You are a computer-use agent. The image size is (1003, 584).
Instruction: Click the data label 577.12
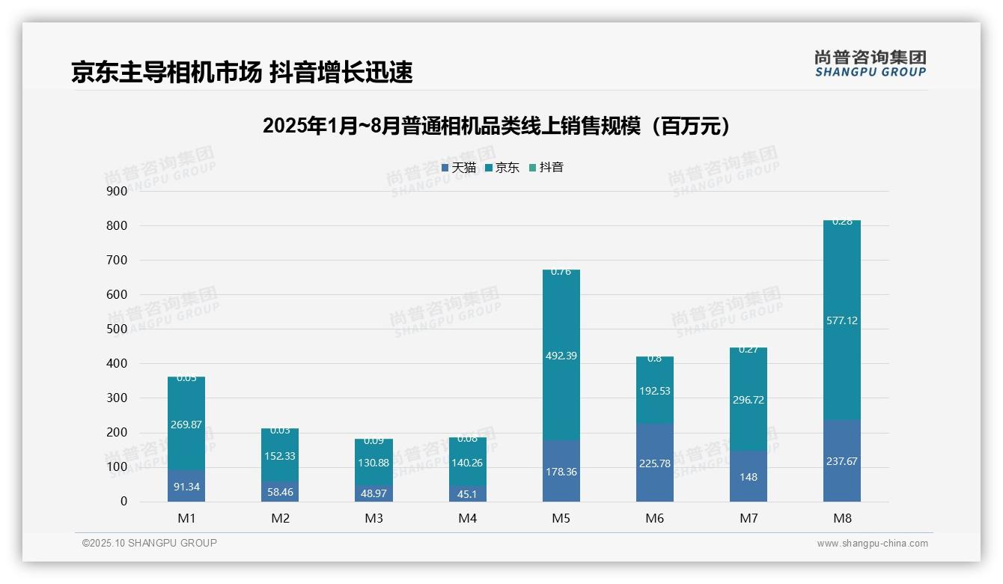(x=841, y=320)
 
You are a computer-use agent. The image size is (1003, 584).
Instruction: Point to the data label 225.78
(x=654, y=463)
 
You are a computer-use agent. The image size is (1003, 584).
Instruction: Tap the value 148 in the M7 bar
(x=748, y=477)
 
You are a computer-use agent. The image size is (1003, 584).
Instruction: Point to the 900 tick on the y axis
(x=117, y=191)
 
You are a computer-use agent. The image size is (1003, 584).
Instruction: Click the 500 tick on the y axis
(x=117, y=329)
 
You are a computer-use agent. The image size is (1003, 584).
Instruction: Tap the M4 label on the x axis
(x=467, y=518)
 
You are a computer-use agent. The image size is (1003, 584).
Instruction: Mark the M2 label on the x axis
(x=280, y=518)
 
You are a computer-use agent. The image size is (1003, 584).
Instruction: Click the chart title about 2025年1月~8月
(x=496, y=127)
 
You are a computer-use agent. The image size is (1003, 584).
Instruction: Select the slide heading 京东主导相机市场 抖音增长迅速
(x=242, y=73)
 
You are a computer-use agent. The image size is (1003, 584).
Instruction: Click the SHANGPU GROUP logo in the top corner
(x=870, y=64)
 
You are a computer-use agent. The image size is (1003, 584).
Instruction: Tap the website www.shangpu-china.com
(x=872, y=544)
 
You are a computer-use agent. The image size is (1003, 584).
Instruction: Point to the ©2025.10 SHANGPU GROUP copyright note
(x=150, y=543)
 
